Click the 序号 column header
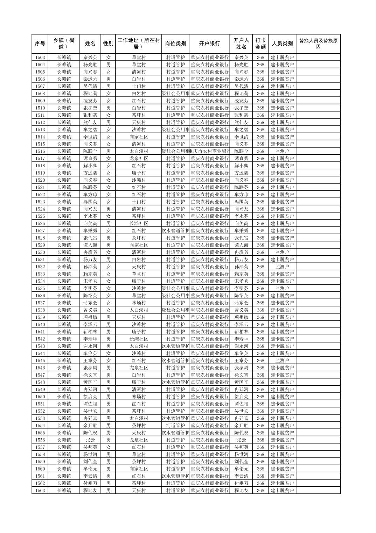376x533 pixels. click(x=40, y=44)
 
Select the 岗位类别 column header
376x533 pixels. click(x=175, y=44)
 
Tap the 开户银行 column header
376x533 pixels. click(x=209, y=44)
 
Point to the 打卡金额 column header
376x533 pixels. click(x=260, y=44)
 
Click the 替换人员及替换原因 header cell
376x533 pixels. click(x=318, y=44)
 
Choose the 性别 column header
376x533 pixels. click(x=108, y=44)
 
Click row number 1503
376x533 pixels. click(x=40, y=58)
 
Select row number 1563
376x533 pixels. click(x=40, y=491)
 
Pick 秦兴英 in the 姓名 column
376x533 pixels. click(x=90, y=58)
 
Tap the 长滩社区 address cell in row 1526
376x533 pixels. click(x=139, y=223)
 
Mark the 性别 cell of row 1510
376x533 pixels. click(x=108, y=108)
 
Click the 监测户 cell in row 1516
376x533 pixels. click(x=282, y=151)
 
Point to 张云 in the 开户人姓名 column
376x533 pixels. click(x=241, y=440)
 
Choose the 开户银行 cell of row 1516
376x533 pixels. click(x=209, y=151)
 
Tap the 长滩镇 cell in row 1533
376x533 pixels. click(x=64, y=274)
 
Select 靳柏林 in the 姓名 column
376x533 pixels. click(x=90, y=332)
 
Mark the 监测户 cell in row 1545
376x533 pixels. click(x=282, y=360)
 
